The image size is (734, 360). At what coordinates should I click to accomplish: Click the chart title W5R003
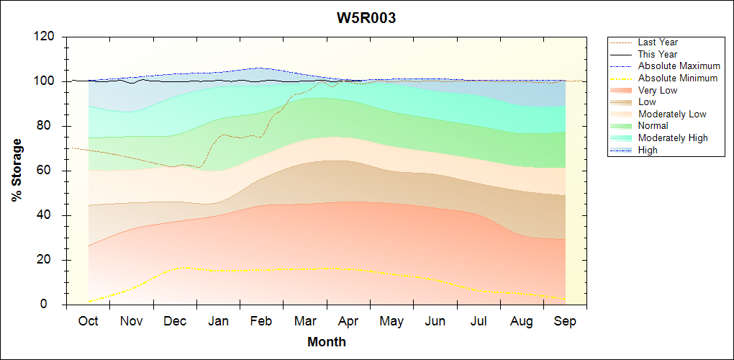366,18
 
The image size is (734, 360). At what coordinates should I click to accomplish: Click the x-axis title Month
326,342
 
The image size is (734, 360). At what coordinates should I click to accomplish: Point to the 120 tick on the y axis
47,37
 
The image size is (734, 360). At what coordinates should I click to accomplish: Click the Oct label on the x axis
88,321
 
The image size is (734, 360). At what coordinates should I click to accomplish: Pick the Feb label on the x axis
261,321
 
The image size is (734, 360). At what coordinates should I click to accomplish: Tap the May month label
391,321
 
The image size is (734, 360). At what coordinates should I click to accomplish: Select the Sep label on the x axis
565,321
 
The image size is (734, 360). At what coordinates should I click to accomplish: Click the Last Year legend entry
657,42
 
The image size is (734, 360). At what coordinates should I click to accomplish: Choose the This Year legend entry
657,54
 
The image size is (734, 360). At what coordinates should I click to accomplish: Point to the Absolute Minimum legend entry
677,78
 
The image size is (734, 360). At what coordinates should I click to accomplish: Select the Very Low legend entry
657,90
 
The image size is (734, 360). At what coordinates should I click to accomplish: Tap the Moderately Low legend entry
672,114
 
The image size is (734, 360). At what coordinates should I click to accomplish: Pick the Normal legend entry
653,126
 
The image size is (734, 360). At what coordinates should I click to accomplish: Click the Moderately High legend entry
673,138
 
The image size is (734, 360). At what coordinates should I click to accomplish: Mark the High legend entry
648,150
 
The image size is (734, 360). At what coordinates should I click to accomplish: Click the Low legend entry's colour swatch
622,102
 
